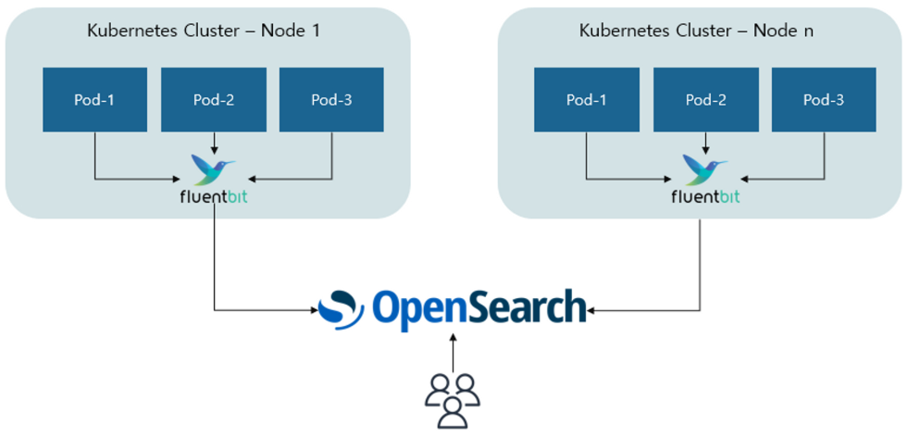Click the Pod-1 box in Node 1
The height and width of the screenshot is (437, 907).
[x=94, y=100]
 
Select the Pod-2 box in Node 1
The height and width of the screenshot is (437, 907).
[x=214, y=100]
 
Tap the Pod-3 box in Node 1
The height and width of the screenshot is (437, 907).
[x=331, y=100]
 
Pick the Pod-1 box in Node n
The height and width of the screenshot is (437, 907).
[x=587, y=100]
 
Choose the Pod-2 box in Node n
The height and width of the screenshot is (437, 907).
[x=705, y=100]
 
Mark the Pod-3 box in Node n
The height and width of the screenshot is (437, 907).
[x=823, y=100]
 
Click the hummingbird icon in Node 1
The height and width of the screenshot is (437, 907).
[x=213, y=170]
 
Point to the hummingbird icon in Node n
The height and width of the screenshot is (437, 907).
[x=704, y=170]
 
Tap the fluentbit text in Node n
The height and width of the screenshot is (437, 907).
[x=705, y=197]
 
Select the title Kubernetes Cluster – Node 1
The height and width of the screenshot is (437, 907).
[x=204, y=31]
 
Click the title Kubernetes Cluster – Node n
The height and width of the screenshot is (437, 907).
[x=696, y=31]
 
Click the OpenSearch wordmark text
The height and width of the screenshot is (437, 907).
[x=477, y=309]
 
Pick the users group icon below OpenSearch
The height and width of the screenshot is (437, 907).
[x=453, y=400]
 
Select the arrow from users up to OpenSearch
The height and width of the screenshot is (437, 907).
[x=453, y=352]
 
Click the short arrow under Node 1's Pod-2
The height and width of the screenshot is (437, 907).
[x=214, y=143]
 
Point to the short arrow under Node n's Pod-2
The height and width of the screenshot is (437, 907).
[x=705, y=143]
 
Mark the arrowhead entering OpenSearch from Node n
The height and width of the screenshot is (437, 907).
[x=591, y=311]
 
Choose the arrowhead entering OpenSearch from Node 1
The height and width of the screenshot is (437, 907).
[x=314, y=310]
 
